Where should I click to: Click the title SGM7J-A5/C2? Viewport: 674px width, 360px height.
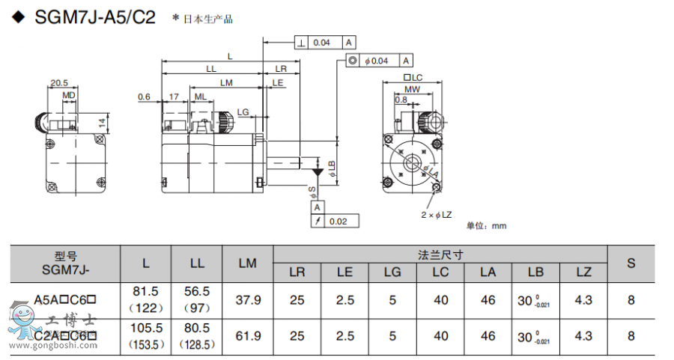coord(94,17)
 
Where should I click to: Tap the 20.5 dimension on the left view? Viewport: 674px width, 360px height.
coord(59,83)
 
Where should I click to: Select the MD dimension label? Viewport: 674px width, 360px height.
coord(68,96)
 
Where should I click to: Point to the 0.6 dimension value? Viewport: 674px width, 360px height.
coord(145,97)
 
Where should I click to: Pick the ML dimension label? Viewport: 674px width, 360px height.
coord(201,97)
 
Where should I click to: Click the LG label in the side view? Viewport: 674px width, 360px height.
coord(243,112)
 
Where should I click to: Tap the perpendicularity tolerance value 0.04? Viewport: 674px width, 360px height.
coord(321,43)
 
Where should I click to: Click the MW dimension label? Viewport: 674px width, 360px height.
coord(413,89)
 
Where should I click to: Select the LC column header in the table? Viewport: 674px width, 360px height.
coord(441,272)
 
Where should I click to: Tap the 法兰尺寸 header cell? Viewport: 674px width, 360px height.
coord(441,254)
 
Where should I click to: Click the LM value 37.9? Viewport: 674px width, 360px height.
coord(248,301)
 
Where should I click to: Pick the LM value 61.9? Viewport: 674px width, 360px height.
coord(248,337)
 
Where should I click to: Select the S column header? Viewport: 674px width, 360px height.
coord(631,263)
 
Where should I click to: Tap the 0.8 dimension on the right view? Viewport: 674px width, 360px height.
coord(401,100)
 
